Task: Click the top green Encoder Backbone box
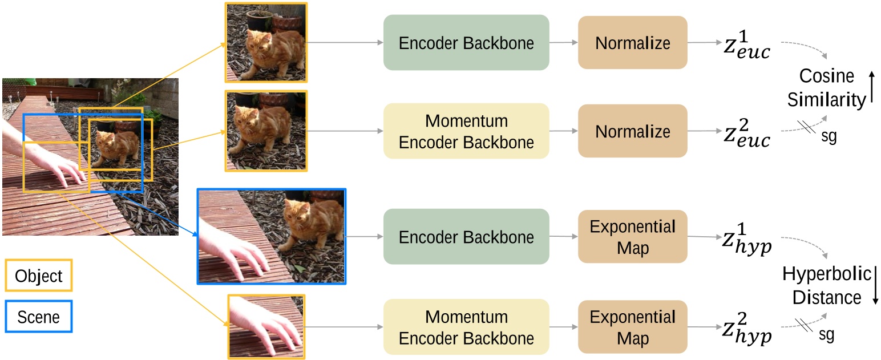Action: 466,43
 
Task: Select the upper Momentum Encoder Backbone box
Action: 466,131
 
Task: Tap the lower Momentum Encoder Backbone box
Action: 466,327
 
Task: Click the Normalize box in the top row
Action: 633,43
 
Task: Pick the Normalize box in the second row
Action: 633,131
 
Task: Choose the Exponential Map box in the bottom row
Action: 633,327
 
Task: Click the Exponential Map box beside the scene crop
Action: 633,237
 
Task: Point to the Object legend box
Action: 39,276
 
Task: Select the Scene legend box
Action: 39,317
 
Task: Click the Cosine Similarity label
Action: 826,88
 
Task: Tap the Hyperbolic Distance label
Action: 826,285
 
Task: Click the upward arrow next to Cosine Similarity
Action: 871,87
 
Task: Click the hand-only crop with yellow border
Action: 266,327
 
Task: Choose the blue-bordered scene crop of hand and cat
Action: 272,236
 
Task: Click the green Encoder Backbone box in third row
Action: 466,237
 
